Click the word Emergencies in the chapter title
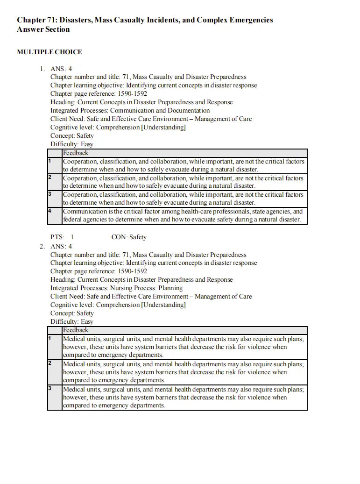coord(250,20)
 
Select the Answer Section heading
coord(43,29)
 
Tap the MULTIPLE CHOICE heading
coord(49,52)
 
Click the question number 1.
coord(42,69)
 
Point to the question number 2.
coord(42,246)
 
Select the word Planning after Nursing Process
coord(170,288)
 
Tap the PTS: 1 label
coord(62,237)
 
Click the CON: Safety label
coord(129,237)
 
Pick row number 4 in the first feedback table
coord(49,211)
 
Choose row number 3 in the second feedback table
coord(49,388)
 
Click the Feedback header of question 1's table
coord(76,153)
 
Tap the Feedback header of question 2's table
coord(76,330)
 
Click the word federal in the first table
coord(72,220)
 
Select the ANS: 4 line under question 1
coord(61,69)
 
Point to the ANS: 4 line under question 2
coord(61,246)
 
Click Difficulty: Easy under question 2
coord(72,322)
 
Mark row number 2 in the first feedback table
coord(49,177)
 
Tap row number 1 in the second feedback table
coord(49,338)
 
